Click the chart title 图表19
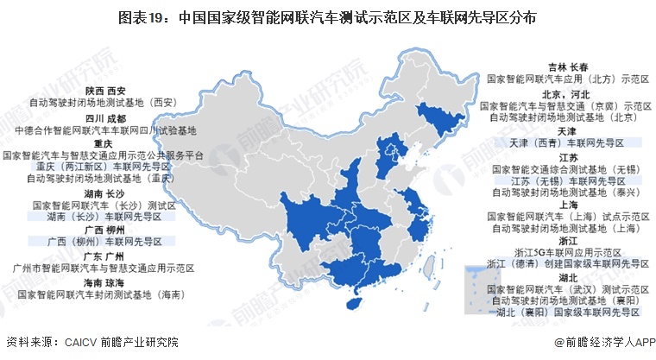pos(327,16)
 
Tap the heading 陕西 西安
pos(105,89)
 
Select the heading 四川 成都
pos(105,118)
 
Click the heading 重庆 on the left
pos(104,143)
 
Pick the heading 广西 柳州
pos(105,231)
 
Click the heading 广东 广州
pos(105,257)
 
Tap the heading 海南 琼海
pos(105,282)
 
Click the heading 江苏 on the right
pos(567,158)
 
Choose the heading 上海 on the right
pos(567,205)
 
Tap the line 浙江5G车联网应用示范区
pos(566,252)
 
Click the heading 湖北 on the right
pos(567,278)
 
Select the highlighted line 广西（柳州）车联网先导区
pos(105,243)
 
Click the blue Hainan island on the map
pos(352,304)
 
